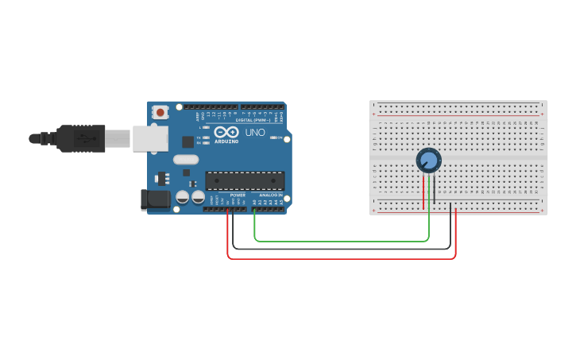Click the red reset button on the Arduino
[x=160, y=112]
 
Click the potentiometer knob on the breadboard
[x=428, y=161]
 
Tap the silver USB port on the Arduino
[x=149, y=138]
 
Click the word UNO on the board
[x=255, y=133]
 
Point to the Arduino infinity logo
[x=226, y=132]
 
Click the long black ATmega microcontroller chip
[x=245, y=180]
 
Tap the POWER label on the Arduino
[x=238, y=195]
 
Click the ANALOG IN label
[x=270, y=195]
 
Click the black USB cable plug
[x=79, y=138]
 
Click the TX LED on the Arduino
[x=206, y=137]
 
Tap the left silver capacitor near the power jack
[x=182, y=196]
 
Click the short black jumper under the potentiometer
[x=434, y=191]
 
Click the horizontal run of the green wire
[x=342, y=240]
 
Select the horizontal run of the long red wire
[x=342, y=258]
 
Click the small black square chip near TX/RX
[x=187, y=142]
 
